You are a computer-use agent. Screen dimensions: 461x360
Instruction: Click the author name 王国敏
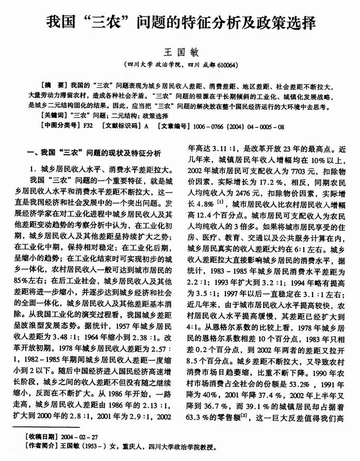point(181,53)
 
